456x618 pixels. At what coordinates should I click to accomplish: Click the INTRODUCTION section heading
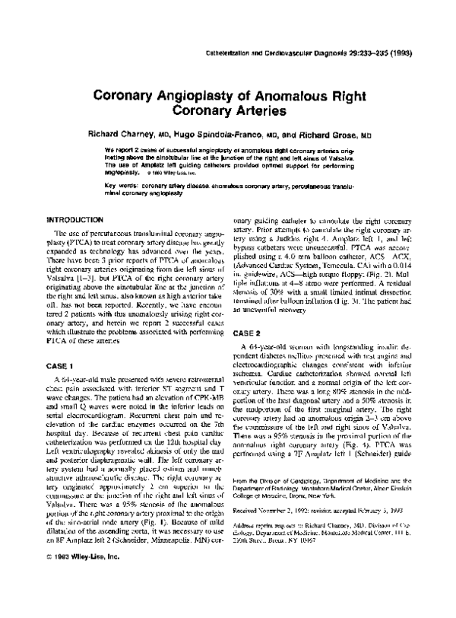pyautogui.click(x=75, y=218)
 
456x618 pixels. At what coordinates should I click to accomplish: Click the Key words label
pyautogui.click(x=122, y=185)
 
